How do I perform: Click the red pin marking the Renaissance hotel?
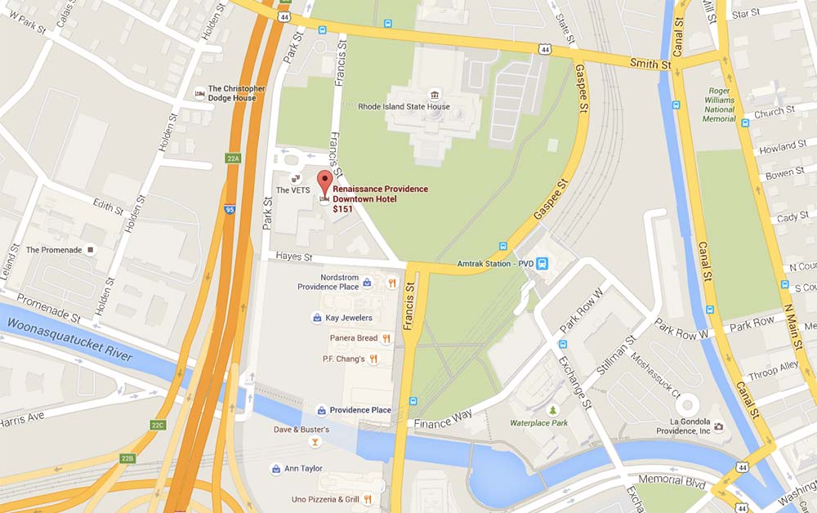coord(324,182)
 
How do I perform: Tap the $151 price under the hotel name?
coord(342,209)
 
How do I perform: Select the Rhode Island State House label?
coord(404,106)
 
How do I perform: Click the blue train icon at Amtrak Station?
coord(542,263)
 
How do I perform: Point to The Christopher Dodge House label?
coord(237,93)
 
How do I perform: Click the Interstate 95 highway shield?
coord(230,209)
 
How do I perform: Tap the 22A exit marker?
coord(232,158)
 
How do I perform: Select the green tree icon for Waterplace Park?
coord(553,410)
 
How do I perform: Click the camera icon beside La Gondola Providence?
coord(718,426)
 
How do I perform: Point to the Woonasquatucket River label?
coord(69,341)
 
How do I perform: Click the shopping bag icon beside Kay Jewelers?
coord(316,318)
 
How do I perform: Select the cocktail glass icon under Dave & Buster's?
coord(315,442)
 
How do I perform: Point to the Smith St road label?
coord(650,63)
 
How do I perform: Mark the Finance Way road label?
coord(443,420)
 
